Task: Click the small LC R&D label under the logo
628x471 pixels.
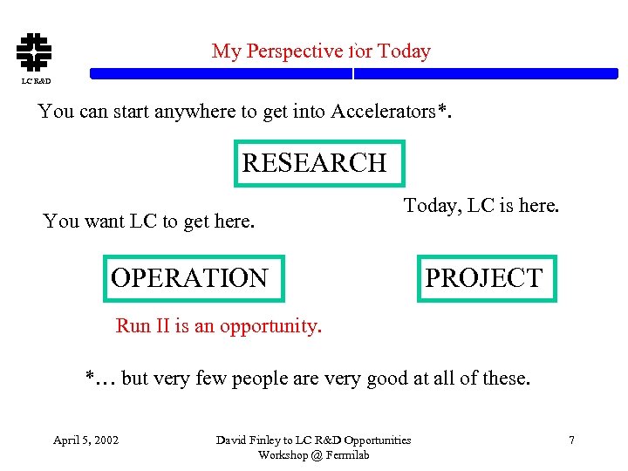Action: point(36,81)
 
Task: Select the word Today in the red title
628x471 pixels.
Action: point(404,51)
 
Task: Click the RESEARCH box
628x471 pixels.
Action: point(319,163)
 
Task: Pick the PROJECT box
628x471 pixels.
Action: point(486,278)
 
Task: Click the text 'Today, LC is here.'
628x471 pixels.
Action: point(481,206)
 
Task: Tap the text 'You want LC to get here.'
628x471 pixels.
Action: point(149,222)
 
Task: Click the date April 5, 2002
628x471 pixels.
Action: point(86,440)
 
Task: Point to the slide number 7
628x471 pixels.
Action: point(571,440)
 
